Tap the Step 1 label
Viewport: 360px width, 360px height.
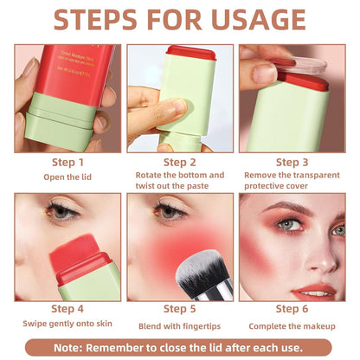tap(68, 162)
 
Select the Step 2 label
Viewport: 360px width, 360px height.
tap(180, 162)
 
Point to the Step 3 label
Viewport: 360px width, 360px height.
tap(292, 162)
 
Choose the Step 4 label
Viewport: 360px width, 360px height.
tap(68, 309)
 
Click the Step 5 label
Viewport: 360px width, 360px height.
tap(180, 309)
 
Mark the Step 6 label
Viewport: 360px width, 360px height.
tap(292, 309)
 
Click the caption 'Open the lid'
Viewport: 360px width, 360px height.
tap(68, 177)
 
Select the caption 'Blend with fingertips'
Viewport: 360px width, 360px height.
tap(180, 325)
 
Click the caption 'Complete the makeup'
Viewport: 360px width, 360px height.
tap(292, 325)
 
